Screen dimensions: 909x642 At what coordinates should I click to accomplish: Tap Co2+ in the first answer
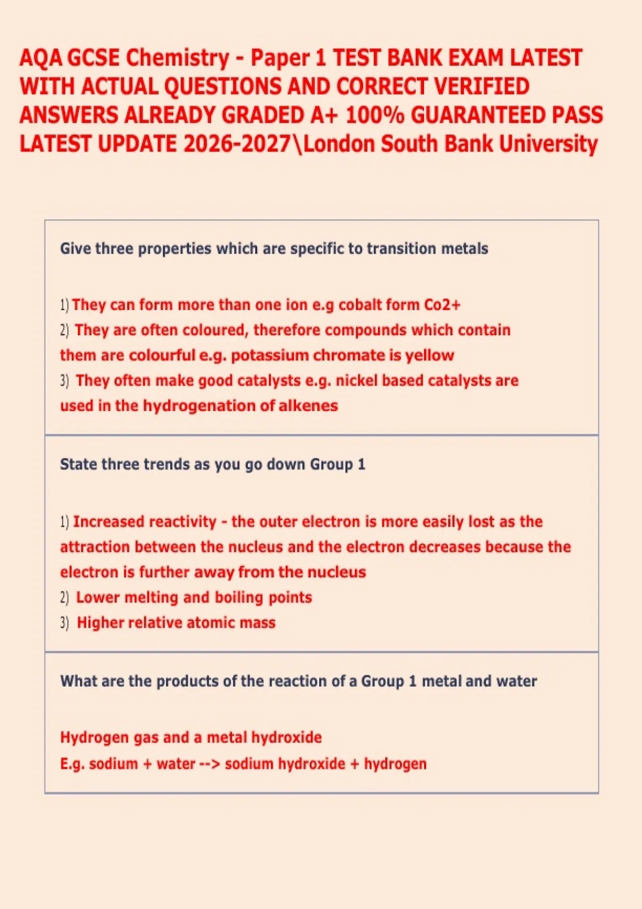[x=442, y=305]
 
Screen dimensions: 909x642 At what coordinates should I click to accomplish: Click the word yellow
[x=430, y=355]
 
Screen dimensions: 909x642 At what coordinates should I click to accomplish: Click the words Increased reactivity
[x=144, y=522]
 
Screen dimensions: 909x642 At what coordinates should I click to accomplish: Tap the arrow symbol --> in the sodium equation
[x=209, y=764]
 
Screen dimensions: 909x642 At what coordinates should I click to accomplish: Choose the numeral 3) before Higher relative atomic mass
[x=64, y=623]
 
